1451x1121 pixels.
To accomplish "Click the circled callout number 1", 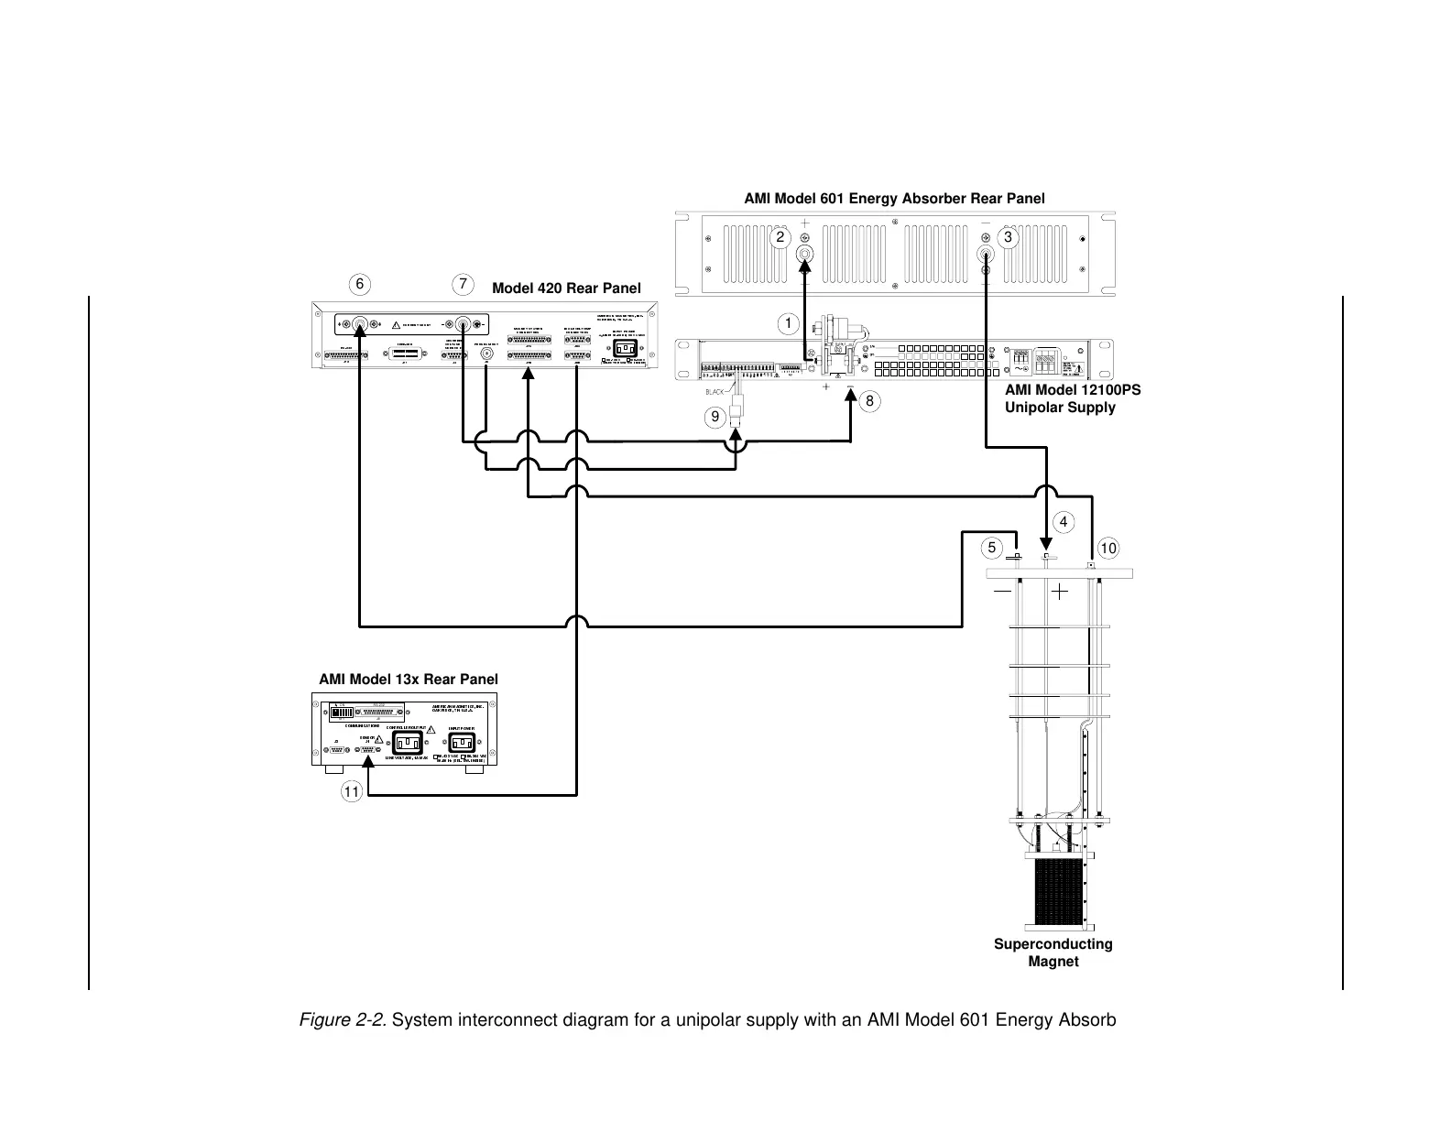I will [x=786, y=322].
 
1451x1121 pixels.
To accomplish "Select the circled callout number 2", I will [x=780, y=237].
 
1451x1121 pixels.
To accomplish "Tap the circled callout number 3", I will [x=1009, y=237].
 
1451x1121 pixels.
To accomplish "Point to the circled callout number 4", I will [x=1063, y=522].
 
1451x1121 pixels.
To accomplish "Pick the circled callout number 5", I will [x=990, y=549].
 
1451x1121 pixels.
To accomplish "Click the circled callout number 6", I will [x=359, y=284].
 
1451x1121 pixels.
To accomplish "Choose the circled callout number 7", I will [x=464, y=284].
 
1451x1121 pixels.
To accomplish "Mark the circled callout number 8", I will [x=870, y=401].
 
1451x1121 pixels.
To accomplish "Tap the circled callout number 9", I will [x=714, y=418].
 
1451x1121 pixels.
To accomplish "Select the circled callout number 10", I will [x=1108, y=549].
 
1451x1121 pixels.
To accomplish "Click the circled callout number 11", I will [x=351, y=790].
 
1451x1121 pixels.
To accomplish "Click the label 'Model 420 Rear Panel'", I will [x=566, y=288].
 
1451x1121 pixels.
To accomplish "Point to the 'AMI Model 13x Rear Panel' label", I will [x=408, y=680].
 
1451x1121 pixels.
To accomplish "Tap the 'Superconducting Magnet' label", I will [x=1053, y=952].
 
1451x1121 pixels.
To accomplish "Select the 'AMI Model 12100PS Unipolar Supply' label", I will [x=1072, y=398].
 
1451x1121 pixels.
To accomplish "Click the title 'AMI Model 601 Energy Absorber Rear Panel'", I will [x=894, y=198].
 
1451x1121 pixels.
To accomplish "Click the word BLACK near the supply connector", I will [x=715, y=392].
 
